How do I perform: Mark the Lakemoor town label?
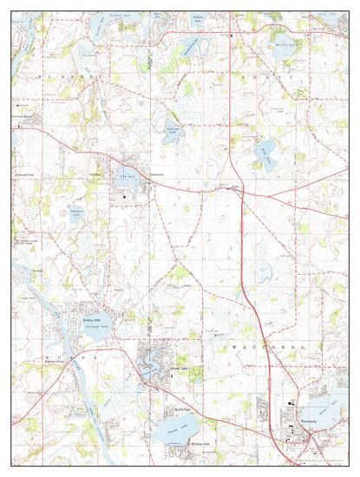coord(156,174)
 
